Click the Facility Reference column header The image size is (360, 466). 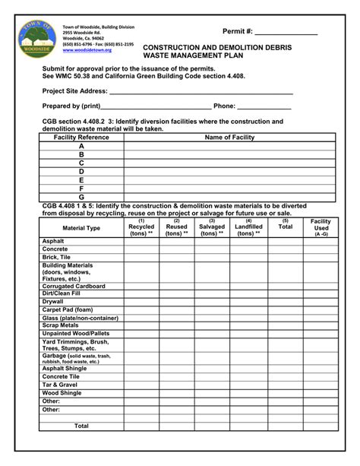coord(81,138)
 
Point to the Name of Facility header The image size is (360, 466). coord(229,138)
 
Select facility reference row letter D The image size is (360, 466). coord(81,172)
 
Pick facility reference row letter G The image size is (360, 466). coord(81,197)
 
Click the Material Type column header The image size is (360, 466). coord(81,228)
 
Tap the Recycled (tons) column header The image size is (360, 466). coord(141,227)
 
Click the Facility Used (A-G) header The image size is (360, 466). coord(321,227)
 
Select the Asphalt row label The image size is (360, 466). coord(53,241)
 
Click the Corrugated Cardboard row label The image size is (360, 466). coord(74,286)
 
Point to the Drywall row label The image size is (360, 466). coord(54,302)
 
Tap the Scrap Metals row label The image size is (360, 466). coord(60,325)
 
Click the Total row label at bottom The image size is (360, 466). coord(81,426)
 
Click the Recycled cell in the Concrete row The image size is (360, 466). coord(141,249)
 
